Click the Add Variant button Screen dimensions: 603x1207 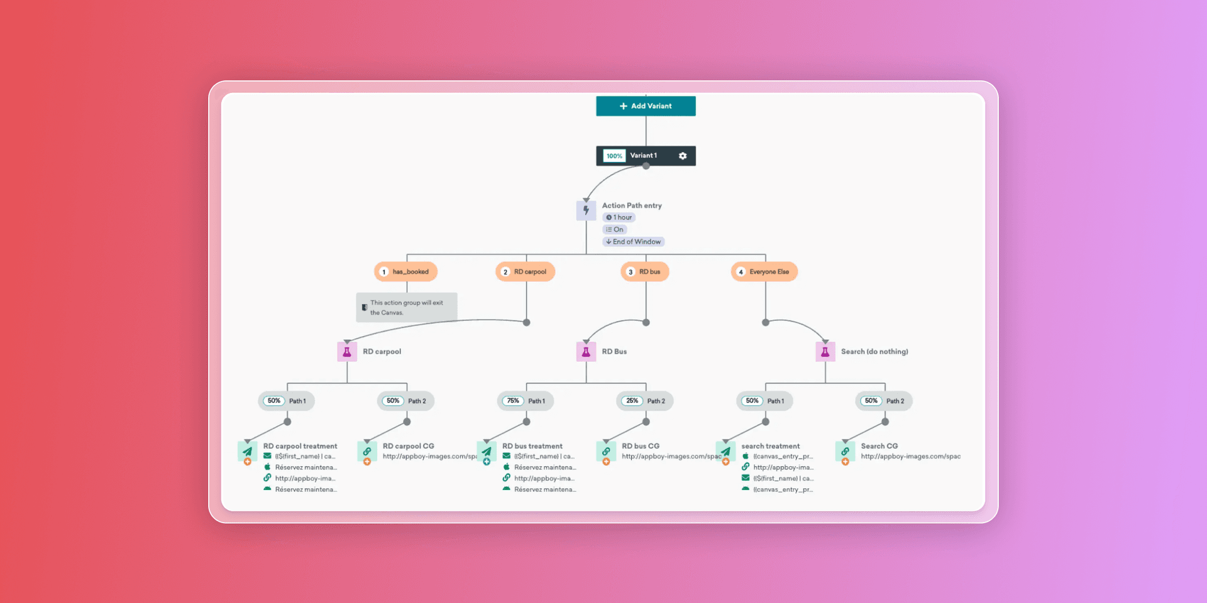[646, 106]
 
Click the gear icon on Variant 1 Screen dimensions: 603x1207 [683, 156]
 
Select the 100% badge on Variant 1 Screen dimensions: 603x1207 [614, 156]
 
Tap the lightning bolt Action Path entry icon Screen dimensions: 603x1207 [586, 210]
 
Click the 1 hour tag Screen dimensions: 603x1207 [619, 217]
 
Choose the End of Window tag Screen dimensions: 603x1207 [633, 242]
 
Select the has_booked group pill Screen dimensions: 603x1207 [405, 272]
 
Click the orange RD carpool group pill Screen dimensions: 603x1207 [525, 272]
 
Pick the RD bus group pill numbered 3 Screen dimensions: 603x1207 [645, 272]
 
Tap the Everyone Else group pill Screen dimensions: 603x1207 [764, 272]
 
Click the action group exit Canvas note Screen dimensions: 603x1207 [406, 307]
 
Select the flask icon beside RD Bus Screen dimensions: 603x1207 [586, 352]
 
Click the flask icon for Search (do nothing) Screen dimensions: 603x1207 [825, 352]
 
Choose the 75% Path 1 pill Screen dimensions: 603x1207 [525, 401]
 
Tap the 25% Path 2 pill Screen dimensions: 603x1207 [644, 401]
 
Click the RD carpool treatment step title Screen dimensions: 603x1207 [300, 446]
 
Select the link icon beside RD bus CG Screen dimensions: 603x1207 [606, 451]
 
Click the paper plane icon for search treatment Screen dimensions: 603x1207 [725, 451]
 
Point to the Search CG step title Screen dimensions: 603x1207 [879, 446]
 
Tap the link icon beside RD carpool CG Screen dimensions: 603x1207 [367, 451]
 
